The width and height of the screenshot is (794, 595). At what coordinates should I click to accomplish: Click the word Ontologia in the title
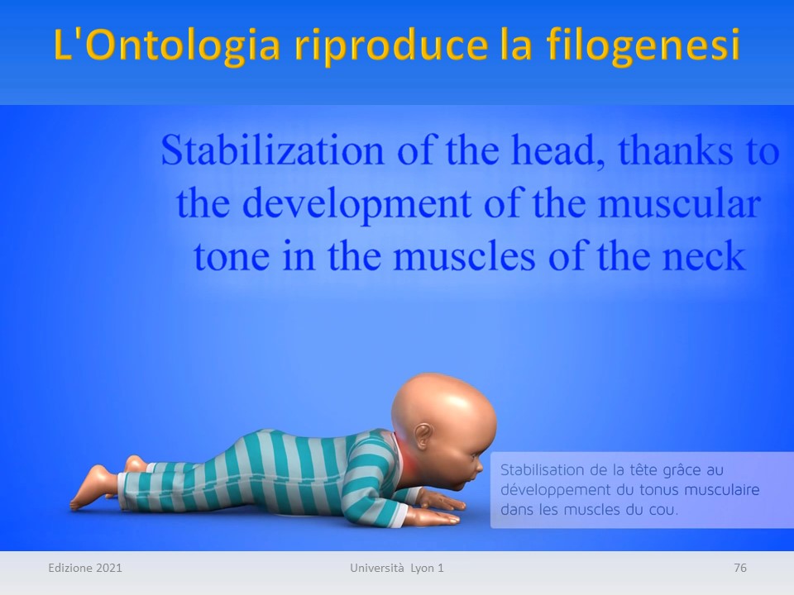coord(185,45)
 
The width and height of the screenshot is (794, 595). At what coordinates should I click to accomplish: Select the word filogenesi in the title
coord(643,45)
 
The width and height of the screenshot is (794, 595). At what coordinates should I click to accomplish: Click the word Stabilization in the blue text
coord(272,150)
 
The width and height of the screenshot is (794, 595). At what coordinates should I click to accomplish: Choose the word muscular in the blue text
coord(680,204)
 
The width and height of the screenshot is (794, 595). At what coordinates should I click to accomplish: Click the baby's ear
coord(423,436)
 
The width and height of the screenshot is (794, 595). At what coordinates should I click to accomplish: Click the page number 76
coord(739,568)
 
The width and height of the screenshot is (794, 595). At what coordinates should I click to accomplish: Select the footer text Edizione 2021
coord(85,568)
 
